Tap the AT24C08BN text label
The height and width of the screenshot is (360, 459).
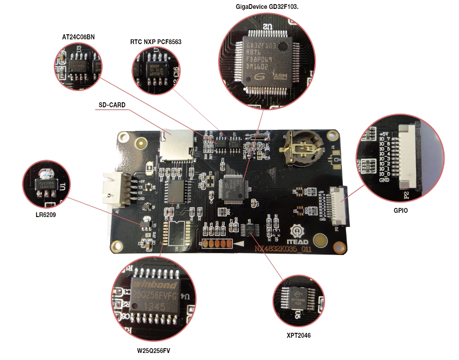78,37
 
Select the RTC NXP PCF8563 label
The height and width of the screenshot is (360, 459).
155,42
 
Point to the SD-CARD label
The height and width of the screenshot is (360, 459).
112,105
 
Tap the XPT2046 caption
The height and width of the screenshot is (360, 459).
298,336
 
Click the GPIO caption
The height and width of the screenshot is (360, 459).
400,211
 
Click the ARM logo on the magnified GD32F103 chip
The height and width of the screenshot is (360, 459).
279,76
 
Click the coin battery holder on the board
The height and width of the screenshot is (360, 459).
301,148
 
